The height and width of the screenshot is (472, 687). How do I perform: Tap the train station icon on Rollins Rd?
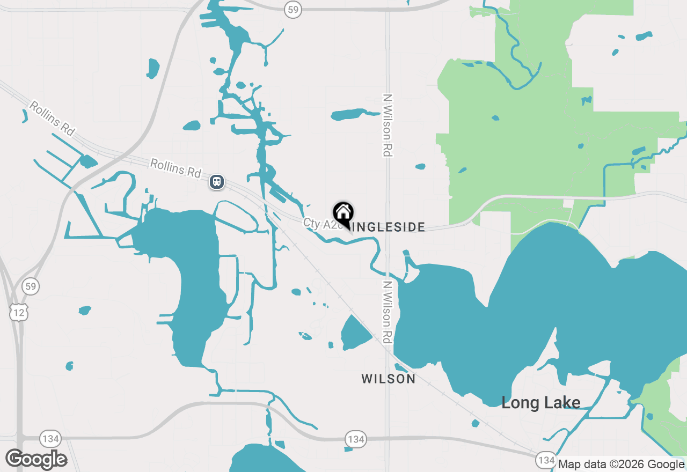tap(217, 182)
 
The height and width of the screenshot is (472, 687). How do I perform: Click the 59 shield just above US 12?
tap(31, 286)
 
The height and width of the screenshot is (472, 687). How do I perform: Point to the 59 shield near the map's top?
tap(293, 9)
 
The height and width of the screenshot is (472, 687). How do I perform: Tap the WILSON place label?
tap(388, 379)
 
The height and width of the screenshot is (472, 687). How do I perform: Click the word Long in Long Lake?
tap(520, 403)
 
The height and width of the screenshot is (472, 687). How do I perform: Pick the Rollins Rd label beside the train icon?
tap(176, 168)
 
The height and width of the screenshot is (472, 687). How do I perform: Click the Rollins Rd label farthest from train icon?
tap(52, 119)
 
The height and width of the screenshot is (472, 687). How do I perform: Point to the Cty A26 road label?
tap(322, 224)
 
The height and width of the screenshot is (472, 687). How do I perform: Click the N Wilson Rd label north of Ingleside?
tap(387, 126)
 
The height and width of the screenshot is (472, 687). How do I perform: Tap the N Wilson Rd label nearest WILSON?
tap(387, 312)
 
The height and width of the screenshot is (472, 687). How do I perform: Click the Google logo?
tap(36, 459)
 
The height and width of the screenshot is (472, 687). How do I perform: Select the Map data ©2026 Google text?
tap(621, 464)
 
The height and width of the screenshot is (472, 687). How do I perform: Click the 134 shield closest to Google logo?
tap(50, 439)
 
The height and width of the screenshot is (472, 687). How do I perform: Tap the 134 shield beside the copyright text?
tap(546, 460)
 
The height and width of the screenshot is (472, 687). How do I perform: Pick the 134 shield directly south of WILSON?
tap(355, 439)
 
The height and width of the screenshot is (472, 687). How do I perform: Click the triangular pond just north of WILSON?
tap(355, 333)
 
